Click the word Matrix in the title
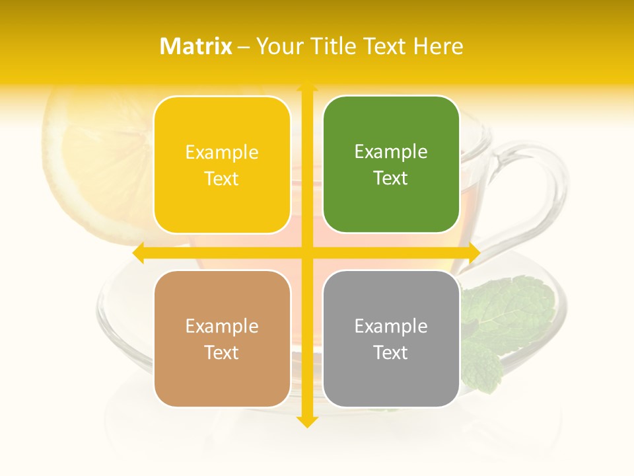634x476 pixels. pos(196,46)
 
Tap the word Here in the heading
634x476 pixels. pos(438,46)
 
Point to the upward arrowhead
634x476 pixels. pos(307,87)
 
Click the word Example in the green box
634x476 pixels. pos(391,152)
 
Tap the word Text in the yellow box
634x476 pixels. pos(222,178)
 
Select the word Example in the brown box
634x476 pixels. pos(222,326)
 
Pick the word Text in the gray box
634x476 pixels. pos(391,352)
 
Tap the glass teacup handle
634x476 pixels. pos(528,198)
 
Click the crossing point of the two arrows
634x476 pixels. pos(307,253)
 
